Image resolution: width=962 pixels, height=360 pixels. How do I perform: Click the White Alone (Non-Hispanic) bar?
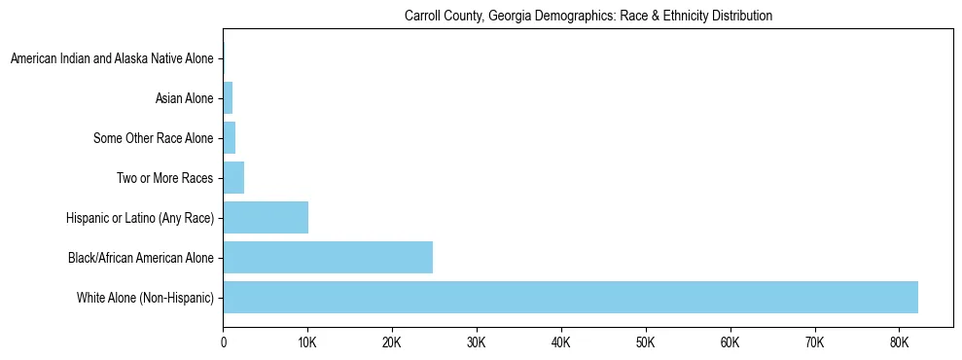570,297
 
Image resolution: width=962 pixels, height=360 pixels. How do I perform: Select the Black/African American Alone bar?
328,258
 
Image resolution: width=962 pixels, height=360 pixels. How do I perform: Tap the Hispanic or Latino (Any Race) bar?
266,218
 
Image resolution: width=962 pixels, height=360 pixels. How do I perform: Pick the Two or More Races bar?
233,178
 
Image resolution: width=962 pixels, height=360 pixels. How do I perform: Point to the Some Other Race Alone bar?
230,138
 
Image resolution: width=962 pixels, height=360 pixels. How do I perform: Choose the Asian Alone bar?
228,98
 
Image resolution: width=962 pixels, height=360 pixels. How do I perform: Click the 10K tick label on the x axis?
307,343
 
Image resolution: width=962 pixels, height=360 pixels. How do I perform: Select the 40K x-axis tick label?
561,343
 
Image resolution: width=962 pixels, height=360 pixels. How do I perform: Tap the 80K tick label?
899,343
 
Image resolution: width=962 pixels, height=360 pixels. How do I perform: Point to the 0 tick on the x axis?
224,343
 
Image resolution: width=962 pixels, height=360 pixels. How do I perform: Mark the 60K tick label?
730,343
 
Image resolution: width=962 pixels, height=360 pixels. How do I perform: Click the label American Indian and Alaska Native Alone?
112,59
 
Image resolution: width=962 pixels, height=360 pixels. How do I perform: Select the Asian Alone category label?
184,98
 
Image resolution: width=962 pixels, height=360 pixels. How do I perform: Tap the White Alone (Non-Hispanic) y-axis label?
145,298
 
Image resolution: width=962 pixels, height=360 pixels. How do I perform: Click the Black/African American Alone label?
140,258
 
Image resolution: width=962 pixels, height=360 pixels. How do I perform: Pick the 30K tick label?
477,343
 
